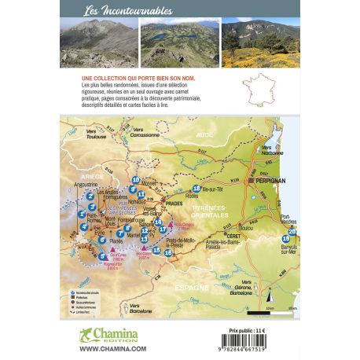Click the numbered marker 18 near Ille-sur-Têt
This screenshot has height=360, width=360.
click(197, 189)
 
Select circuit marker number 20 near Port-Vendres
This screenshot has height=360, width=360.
click(292, 231)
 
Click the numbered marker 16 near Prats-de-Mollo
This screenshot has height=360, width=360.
click(168, 252)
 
